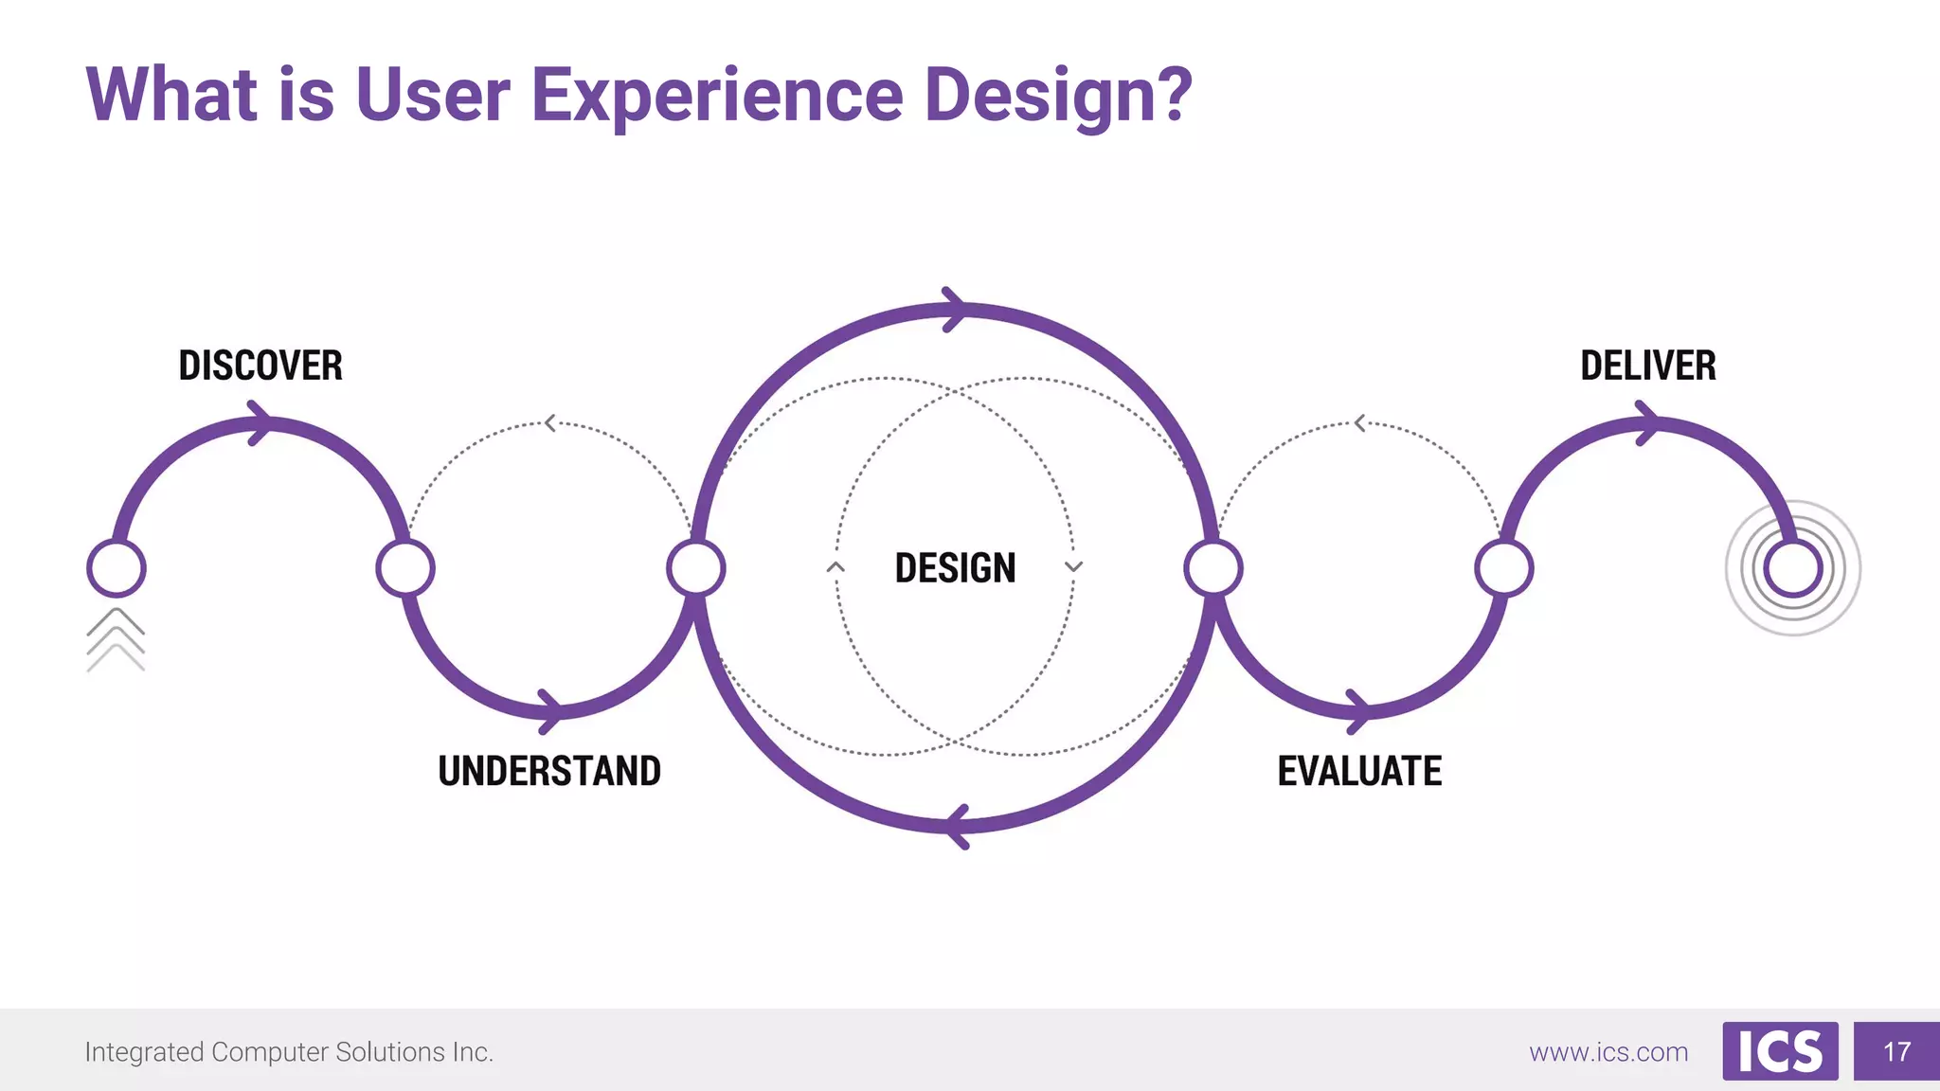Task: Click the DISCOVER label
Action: pyautogui.click(x=260, y=366)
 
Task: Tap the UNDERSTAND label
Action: pyautogui.click(x=549, y=771)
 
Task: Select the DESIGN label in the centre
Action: pyautogui.click(x=955, y=568)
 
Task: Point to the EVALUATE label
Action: pyautogui.click(x=1359, y=771)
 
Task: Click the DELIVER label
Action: pyautogui.click(x=1648, y=366)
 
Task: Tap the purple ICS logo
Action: pyautogui.click(x=1780, y=1051)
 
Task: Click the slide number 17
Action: pyautogui.click(x=1896, y=1051)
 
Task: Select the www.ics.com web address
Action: pyautogui.click(x=1608, y=1052)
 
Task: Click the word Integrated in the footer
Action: pyautogui.click(x=144, y=1052)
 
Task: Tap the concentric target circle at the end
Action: pyautogui.click(x=1793, y=568)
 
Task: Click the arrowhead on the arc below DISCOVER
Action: pyautogui.click(x=259, y=423)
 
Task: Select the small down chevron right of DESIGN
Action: pyautogui.click(x=1073, y=566)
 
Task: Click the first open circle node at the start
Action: pyautogui.click(x=116, y=568)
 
